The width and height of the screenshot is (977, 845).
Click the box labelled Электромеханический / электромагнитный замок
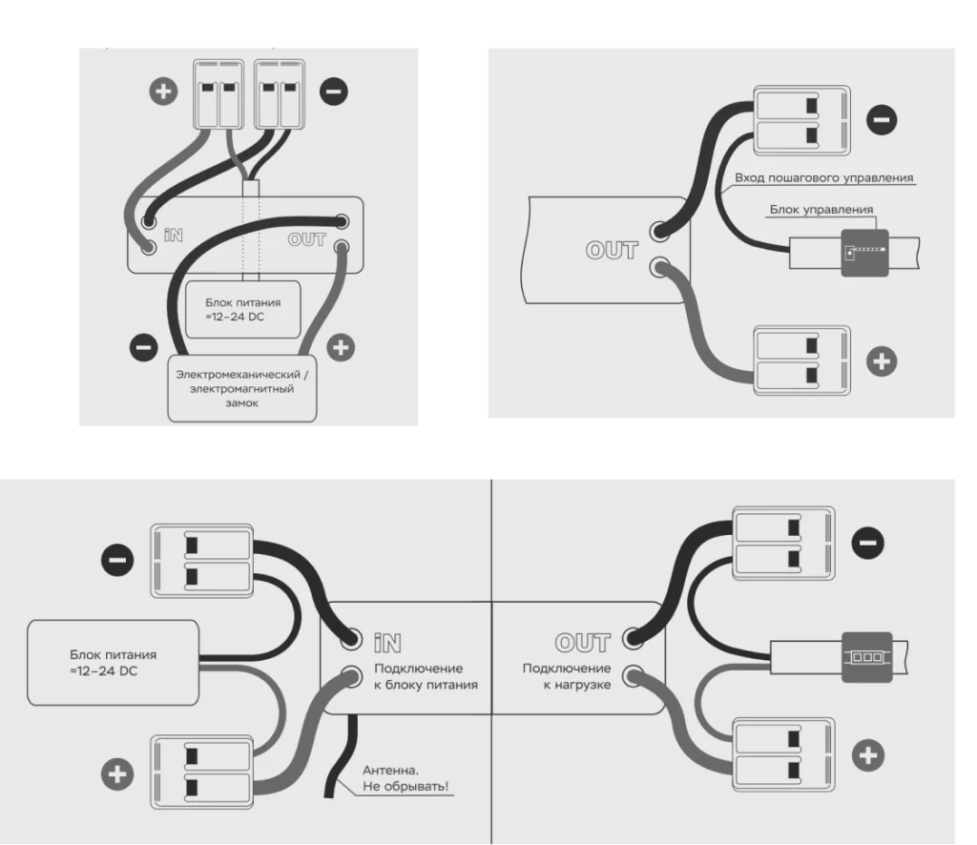(x=241, y=388)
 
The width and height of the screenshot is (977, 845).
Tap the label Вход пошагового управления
(x=823, y=177)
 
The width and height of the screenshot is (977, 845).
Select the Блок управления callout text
(x=821, y=209)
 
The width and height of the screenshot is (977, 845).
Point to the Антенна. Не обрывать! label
(x=405, y=778)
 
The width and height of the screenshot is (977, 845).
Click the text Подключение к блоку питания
(x=426, y=676)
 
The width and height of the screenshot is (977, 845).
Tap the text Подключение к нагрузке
(x=567, y=676)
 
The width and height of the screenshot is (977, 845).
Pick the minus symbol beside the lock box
(x=143, y=347)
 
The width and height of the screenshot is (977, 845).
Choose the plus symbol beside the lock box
(x=341, y=347)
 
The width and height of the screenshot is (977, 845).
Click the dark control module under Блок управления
(x=864, y=253)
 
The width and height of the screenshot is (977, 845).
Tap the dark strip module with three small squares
(x=866, y=657)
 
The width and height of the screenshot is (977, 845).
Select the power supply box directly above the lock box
(x=243, y=309)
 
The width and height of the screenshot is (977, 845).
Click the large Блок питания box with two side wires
(x=113, y=663)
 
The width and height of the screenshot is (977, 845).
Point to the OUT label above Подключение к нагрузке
(x=583, y=643)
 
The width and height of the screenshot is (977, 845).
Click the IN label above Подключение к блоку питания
(x=387, y=643)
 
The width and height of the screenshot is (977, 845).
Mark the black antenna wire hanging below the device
(x=342, y=756)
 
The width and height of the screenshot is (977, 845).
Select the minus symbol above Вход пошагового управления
(x=882, y=119)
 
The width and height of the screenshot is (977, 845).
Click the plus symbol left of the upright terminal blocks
(x=163, y=91)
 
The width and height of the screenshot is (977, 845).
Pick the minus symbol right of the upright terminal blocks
(x=334, y=91)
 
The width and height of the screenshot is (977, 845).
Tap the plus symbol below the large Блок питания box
(x=117, y=774)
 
